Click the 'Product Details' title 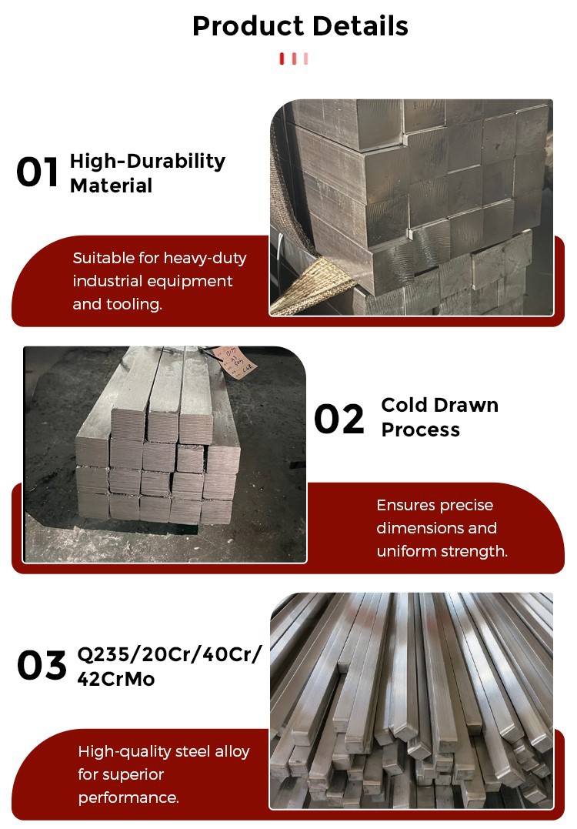(300, 26)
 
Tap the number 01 (37, 172)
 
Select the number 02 (339, 420)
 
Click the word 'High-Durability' (148, 161)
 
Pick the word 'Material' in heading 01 (111, 186)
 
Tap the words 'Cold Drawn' (439, 405)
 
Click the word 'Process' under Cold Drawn (420, 430)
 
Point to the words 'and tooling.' (117, 304)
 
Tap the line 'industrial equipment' (152, 281)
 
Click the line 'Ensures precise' (435, 505)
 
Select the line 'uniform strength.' (442, 551)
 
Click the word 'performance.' (128, 797)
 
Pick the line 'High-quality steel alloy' (164, 751)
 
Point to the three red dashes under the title (294, 58)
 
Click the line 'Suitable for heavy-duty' (159, 258)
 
